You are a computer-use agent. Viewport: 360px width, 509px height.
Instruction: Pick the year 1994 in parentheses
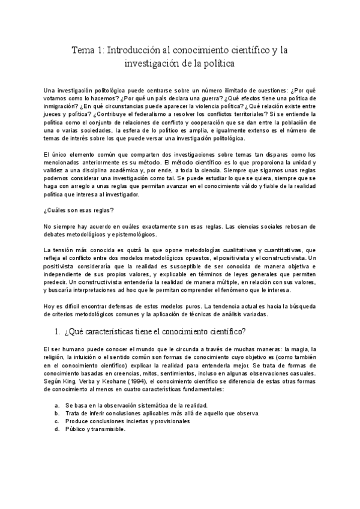[x=136, y=380]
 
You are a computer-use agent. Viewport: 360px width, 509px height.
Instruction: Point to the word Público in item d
[x=76, y=429]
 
